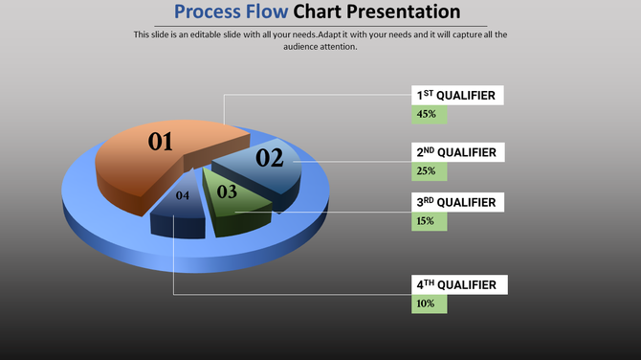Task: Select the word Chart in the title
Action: tap(320, 12)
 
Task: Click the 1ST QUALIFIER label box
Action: tap(458, 96)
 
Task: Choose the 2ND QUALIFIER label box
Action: tap(458, 152)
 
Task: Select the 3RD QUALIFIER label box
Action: tap(458, 202)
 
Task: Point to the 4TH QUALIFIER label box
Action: tap(458, 284)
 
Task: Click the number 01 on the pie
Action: tap(160, 143)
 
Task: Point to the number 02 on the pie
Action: tap(269, 159)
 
